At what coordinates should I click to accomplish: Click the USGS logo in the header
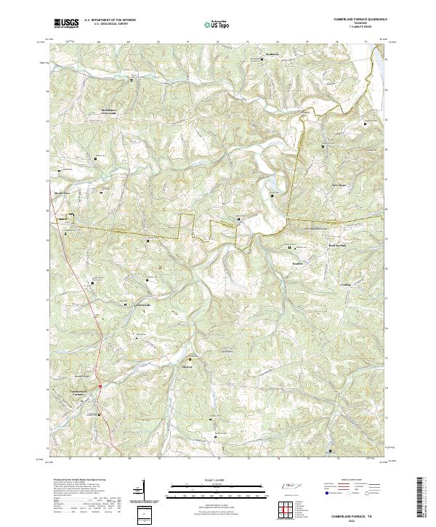[x=66, y=23]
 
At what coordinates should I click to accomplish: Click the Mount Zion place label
[x=61, y=193]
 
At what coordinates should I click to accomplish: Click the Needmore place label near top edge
[x=252, y=56]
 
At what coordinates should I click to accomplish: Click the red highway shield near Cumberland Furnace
[x=100, y=385]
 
